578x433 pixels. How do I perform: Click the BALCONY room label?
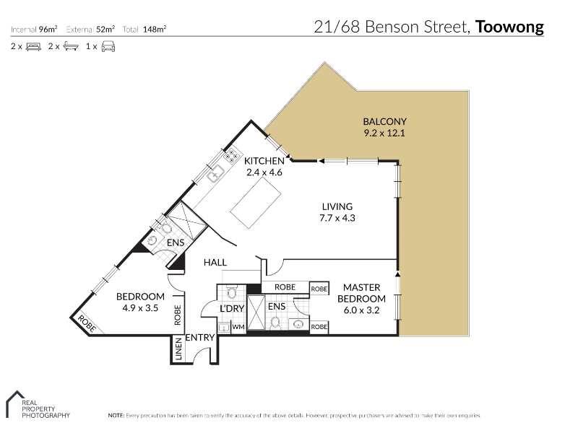pos(384,121)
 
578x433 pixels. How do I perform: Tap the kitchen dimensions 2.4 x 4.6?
pos(264,172)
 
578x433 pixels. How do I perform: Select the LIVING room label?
pos(337,206)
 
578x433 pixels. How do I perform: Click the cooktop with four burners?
pos(232,155)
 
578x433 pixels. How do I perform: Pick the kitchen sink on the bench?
pos(215,173)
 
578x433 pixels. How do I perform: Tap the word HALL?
pos(215,263)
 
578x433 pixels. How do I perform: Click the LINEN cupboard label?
pos(178,349)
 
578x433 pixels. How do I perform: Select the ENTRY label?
pos(200,337)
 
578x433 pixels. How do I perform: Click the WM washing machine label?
pos(238,327)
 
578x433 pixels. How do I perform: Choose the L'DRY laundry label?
pos(232,309)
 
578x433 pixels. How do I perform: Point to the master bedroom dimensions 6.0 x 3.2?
pos(361,310)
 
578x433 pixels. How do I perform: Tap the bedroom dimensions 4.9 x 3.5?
pos(140,308)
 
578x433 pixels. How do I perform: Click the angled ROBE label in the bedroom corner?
pos(87,323)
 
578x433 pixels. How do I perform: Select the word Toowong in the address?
pos(509,27)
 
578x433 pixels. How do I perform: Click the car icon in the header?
pos(108,46)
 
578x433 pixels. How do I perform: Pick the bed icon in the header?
pos(33,47)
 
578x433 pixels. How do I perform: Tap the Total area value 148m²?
pos(155,30)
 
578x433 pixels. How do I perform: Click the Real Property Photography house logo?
pos(14,403)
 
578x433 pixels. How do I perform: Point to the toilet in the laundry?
pos(231,292)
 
